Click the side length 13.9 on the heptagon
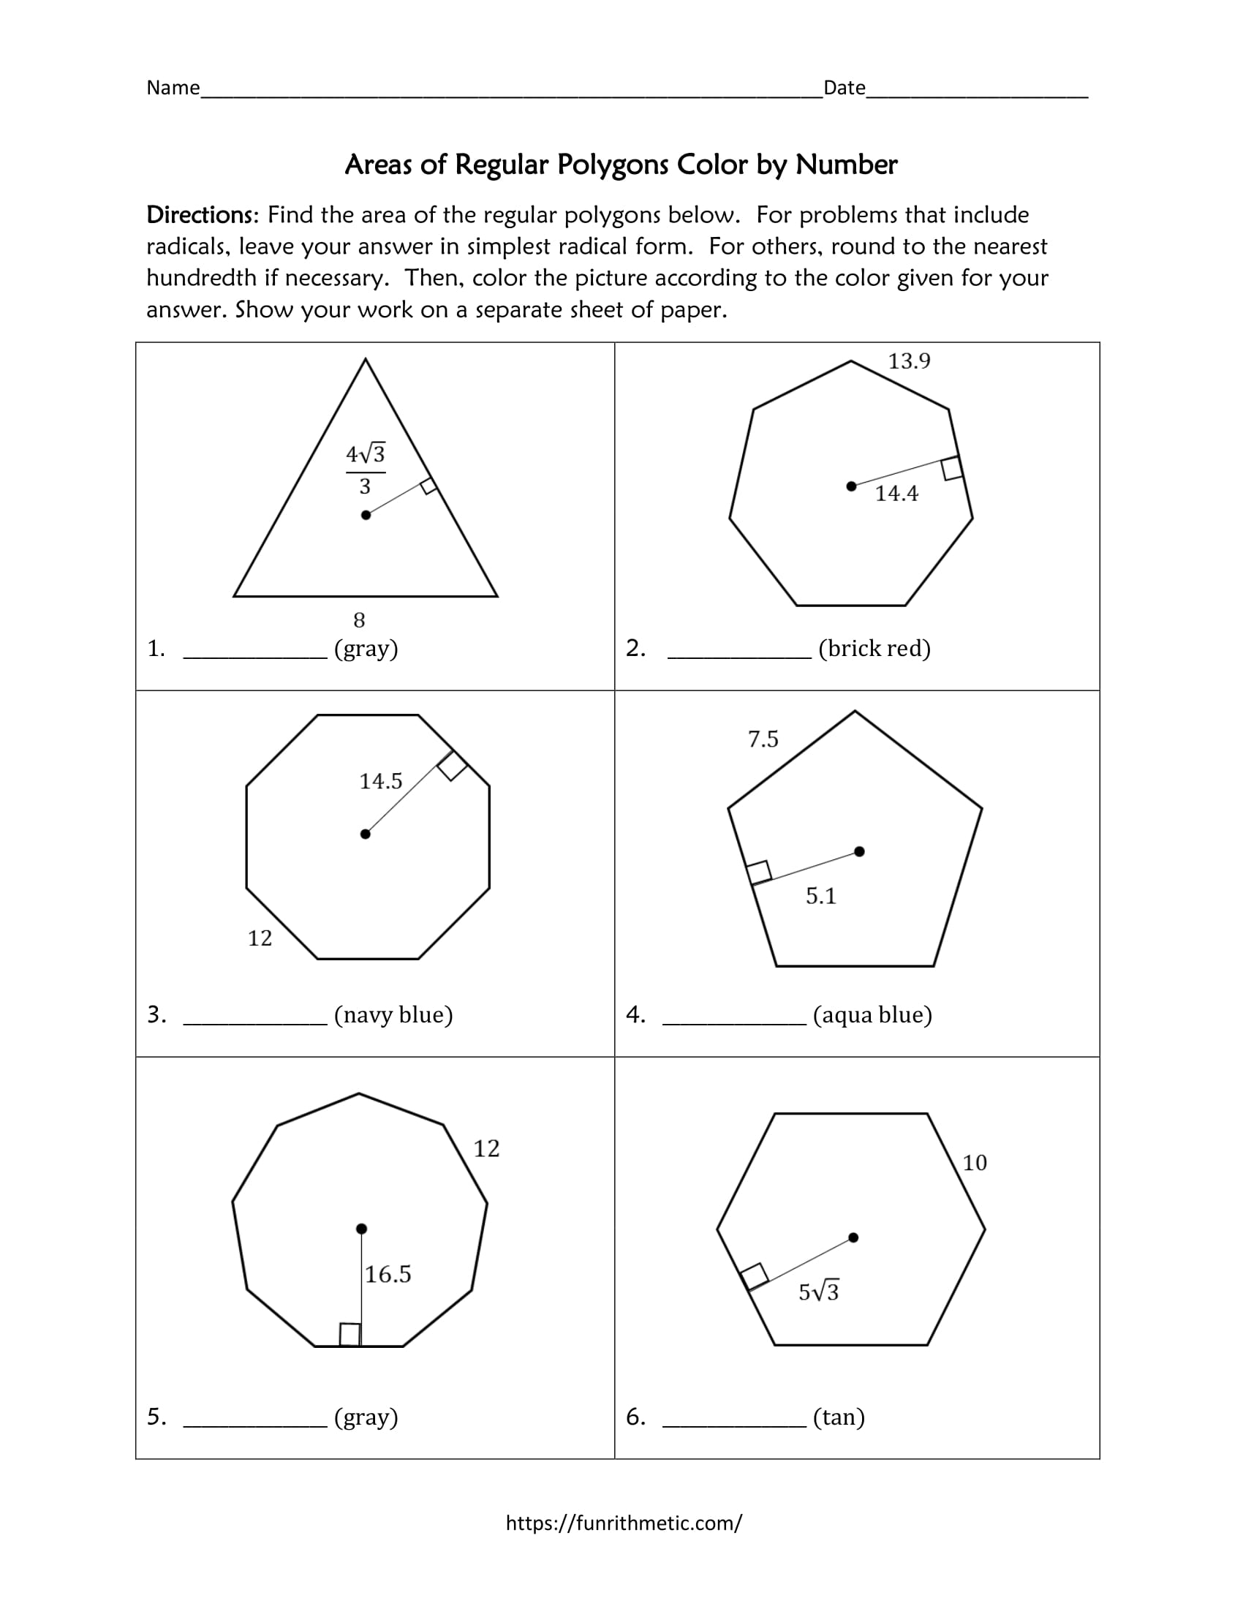(909, 361)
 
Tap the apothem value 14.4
(896, 494)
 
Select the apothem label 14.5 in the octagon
(381, 781)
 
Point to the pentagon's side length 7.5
(763, 739)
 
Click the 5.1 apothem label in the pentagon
(821, 896)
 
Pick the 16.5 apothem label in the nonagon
(388, 1275)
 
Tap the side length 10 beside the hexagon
(974, 1164)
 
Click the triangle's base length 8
(359, 620)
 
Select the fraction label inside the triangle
(366, 470)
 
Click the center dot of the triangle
(366, 515)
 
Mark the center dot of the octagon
(366, 834)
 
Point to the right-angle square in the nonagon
(350, 1334)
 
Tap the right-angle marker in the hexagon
(754, 1277)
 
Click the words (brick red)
(874, 648)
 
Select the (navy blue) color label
(393, 1015)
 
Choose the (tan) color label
(839, 1417)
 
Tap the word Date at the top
(844, 88)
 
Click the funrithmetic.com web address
(624, 1523)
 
